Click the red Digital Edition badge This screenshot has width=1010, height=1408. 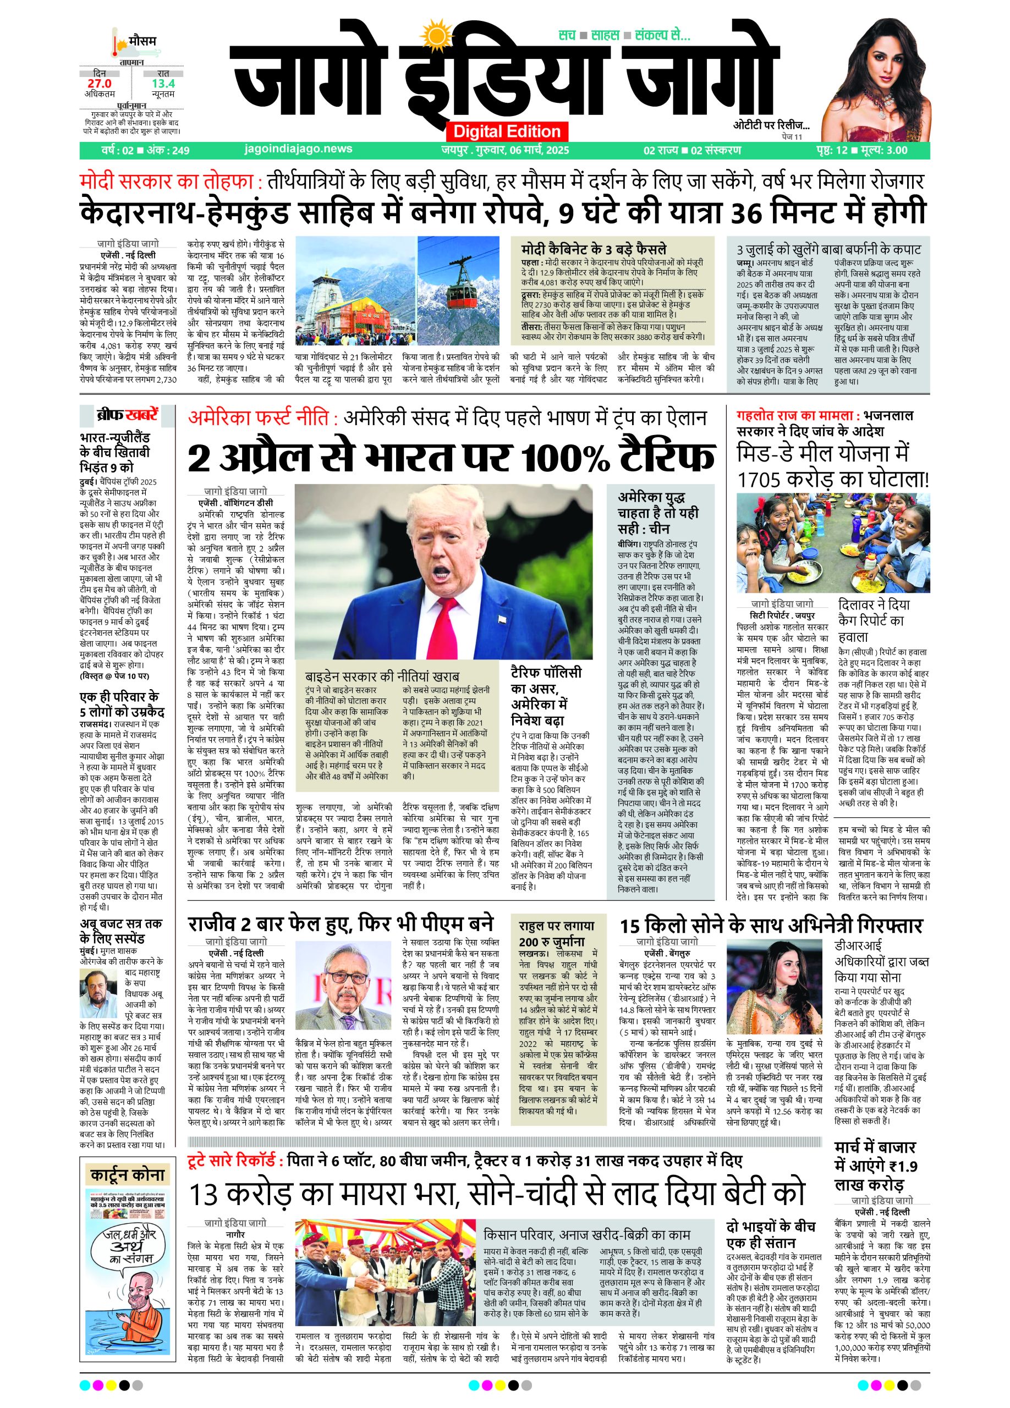tap(507, 131)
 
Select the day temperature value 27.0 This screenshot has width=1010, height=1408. tap(100, 83)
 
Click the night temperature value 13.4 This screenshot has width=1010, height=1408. tap(163, 83)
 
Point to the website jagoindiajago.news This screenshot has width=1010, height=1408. tap(299, 149)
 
